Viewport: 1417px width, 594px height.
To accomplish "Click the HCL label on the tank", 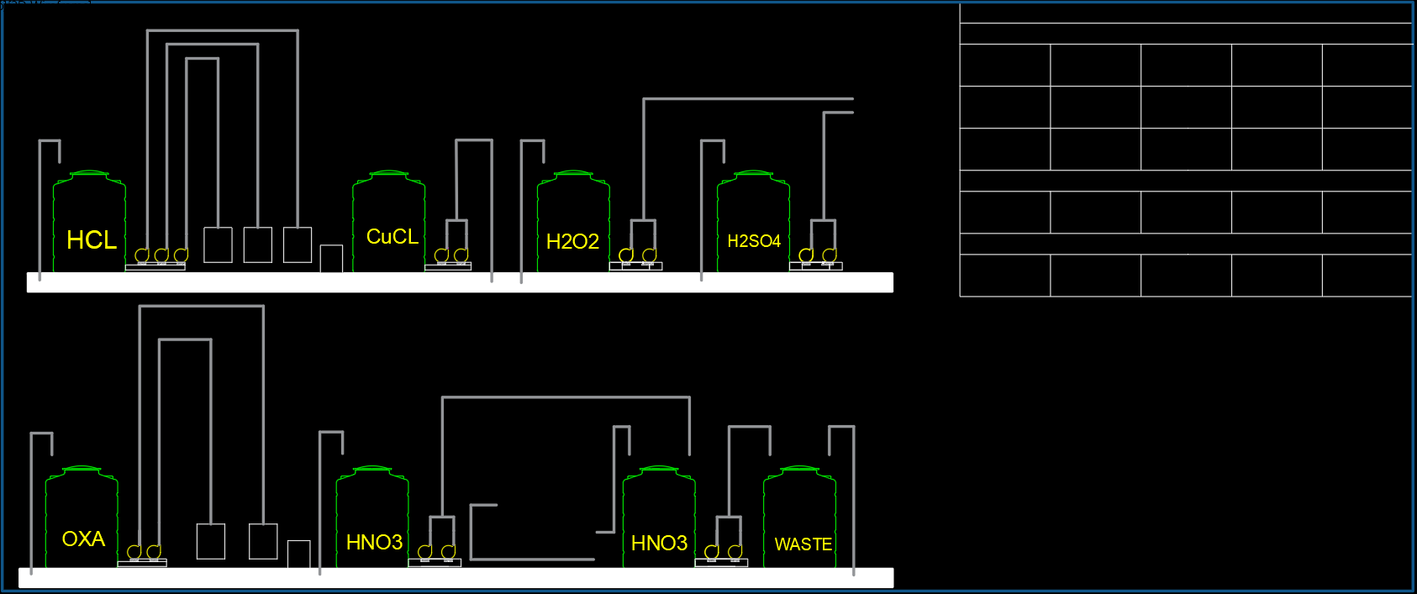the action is tap(92, 240).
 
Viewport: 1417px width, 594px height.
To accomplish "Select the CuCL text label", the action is tap(392, 237).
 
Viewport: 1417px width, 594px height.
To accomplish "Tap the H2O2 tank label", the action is tap(572, 242).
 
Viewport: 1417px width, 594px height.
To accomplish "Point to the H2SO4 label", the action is tap(753, 241).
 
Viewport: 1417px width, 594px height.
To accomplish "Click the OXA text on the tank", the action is tap(83, 539).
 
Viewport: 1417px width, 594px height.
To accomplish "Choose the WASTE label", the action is tap(803, 544).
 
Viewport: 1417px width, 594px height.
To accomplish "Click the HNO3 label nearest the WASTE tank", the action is tap(659, 543).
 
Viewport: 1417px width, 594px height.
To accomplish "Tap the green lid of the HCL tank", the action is tap(89, 173).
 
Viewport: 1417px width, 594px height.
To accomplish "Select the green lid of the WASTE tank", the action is tap(799, 469).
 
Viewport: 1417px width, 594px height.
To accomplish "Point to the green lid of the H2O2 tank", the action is tap(573, 173).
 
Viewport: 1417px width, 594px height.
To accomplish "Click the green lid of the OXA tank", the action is tap(82, 469).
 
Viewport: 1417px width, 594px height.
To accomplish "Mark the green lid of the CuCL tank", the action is tap(388, 173).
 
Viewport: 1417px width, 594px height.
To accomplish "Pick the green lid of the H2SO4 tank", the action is tap(753, 173).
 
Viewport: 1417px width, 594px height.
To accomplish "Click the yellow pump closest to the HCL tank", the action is tap(142, 255).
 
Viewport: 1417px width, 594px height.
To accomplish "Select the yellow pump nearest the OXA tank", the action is tap(134, 552).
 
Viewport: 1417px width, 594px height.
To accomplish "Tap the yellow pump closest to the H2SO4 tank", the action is tap(806, 255).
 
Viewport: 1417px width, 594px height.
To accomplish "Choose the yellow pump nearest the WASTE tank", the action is tap(735, 552).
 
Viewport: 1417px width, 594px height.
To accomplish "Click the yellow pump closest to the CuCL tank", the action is tap(441, 255).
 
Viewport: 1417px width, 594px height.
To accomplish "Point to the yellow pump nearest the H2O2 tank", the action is tap(626, 255).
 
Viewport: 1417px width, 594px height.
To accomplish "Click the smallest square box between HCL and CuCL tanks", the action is tap(331, 259).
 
